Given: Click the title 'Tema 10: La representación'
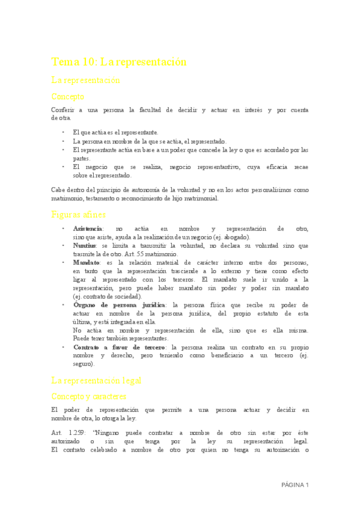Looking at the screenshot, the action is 119,62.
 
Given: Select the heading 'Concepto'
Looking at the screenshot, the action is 68,96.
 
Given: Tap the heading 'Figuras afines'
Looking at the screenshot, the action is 79,214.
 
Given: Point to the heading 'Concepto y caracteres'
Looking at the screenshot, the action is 89,396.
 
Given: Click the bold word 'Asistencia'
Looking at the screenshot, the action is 88,229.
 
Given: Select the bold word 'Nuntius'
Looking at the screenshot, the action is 85,246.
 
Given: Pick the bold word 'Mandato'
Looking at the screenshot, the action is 86,263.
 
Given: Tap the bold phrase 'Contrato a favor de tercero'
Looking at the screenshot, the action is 120,347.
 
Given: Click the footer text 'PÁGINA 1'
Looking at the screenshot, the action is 294,485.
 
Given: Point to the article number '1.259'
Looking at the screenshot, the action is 76,432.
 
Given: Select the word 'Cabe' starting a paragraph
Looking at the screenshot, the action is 59,189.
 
